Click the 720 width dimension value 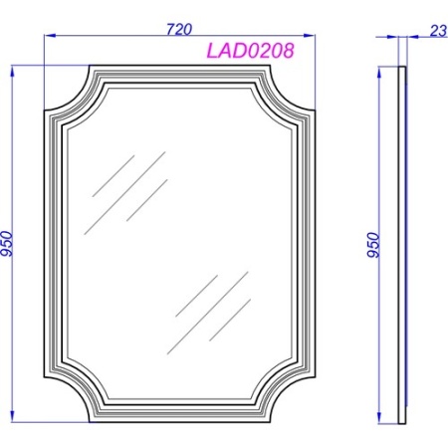tap(179, 29)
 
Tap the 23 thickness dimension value tap(439, 31)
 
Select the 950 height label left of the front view tap(7, 244)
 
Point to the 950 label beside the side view tap(373, 245)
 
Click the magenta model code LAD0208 tap(251, 51)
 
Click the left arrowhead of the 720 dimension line tap(50, 35)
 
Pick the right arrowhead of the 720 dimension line tap(310, 35)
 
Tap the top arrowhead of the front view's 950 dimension tap(13, 72)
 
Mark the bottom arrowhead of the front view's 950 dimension tap(13, 416)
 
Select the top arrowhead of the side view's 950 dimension tap(379, 73)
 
